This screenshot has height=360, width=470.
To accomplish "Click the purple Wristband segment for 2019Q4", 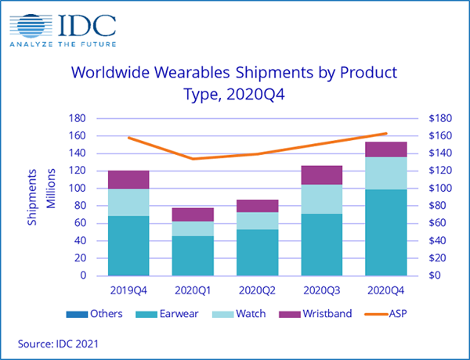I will (129, 180).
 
